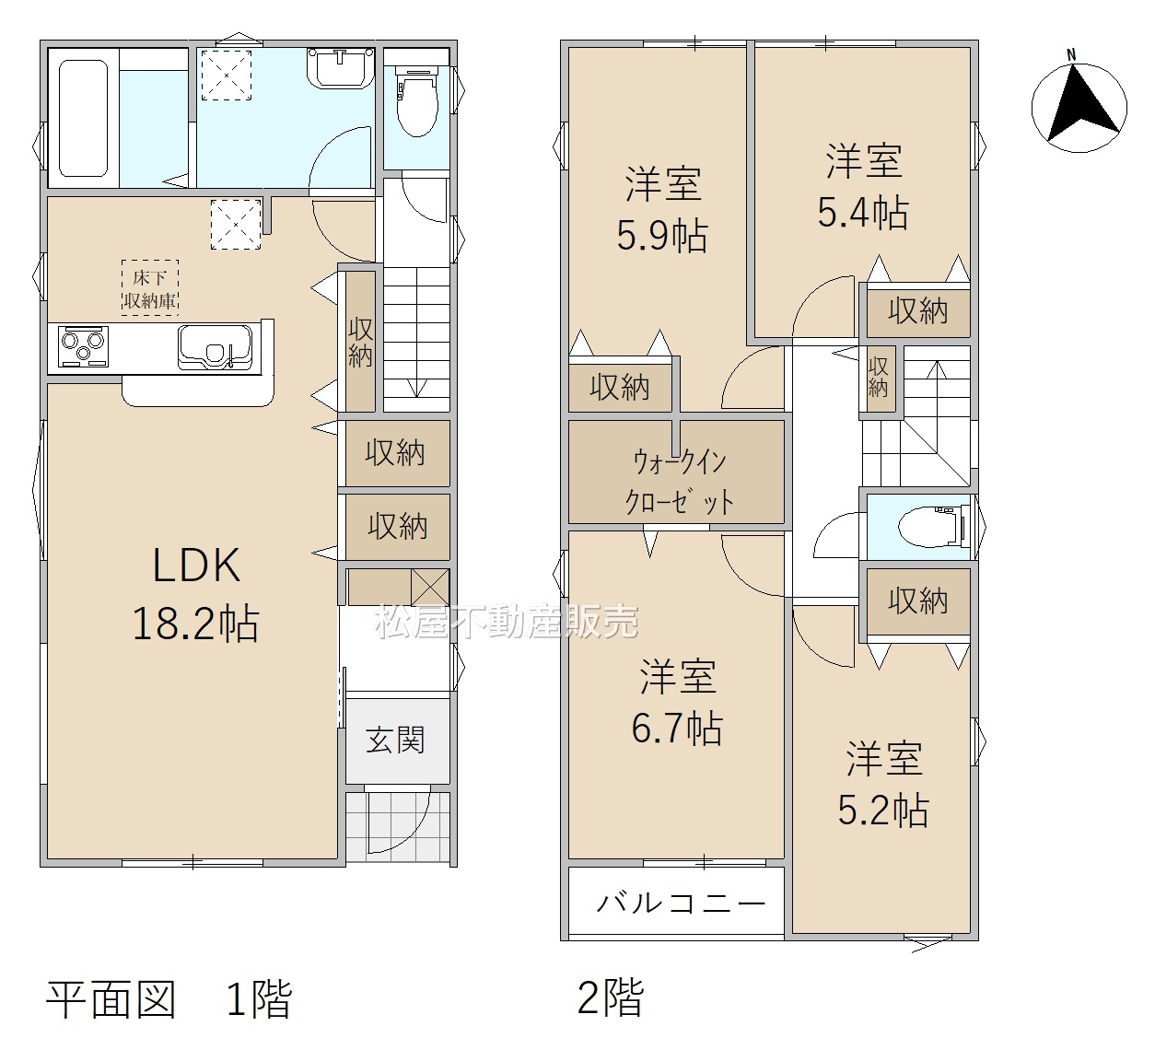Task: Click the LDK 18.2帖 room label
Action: tap(196, 594)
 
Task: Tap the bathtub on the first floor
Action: tap(84, 118)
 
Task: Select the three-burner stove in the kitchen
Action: tap(84, 346)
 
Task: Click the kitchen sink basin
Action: tap(215, 346)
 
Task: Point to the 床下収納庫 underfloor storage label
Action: tap(150, 288)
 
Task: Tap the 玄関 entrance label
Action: tap(395, 740)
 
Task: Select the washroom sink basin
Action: tap(342, 68)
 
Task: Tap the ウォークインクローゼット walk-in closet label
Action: tap(680, 483)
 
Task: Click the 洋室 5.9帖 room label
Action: tap(662, 210)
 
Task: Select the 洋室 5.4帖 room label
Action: tap(864, 187)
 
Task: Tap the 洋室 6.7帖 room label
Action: tap(677, 702)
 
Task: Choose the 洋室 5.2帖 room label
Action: tap(883, 784)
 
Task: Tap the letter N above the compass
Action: tap(1071, 55)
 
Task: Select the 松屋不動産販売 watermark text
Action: tap(507, 621)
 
